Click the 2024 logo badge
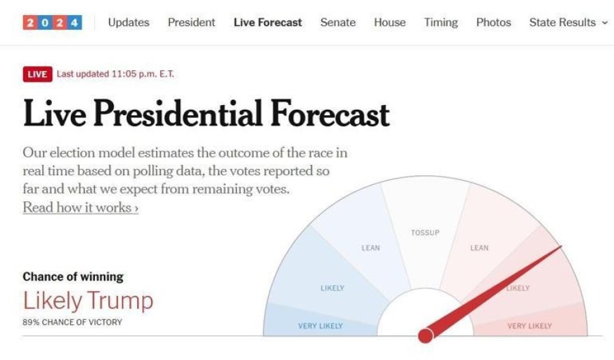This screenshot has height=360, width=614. click(53, 22)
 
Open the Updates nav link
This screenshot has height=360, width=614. click(128, 22)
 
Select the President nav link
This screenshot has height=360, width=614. click(191, 22)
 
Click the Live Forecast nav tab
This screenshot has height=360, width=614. click(267, 22)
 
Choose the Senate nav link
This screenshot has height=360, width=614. click(338, 22)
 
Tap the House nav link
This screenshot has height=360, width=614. click(390, 22)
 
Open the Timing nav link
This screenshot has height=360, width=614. click(441, 22)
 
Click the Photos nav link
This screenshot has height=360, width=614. click(493, 22)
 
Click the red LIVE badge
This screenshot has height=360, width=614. click(37, 74)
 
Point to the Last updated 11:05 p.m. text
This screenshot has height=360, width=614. click(115, 74)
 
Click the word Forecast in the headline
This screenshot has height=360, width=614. click(330, 114)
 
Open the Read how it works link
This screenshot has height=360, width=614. click(81, 207)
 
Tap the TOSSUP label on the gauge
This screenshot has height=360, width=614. click(425, 233)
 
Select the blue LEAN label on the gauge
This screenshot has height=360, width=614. click(370, 248)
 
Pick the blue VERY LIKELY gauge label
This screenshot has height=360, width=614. click(321, 326)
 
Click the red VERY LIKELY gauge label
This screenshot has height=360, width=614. click(529, 326)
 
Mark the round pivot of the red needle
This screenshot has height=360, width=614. click(425, 335)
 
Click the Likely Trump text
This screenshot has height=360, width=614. click(88, 300)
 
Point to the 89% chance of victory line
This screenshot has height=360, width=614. click(72, 322)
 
